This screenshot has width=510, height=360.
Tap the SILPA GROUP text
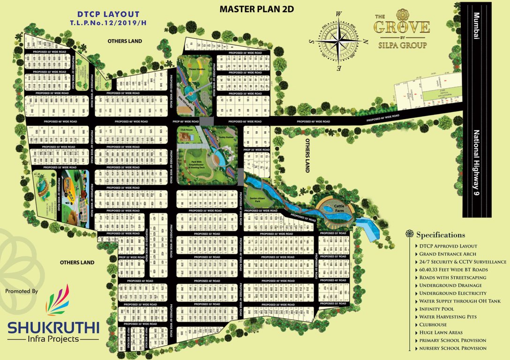tap(402, 45)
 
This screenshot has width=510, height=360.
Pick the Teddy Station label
tap(225, 137)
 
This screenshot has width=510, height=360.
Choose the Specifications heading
tap(440, 235)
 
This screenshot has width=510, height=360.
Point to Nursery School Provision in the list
tap(453, 348)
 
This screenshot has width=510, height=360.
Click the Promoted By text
tap(22, 291)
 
